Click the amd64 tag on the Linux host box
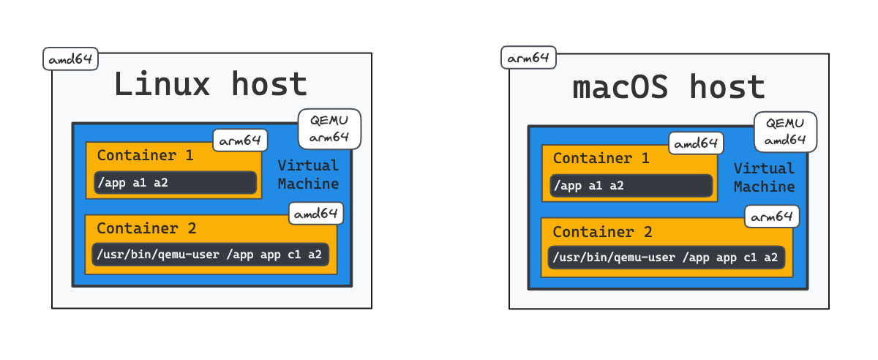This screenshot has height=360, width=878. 70,59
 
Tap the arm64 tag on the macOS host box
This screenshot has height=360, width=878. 528,58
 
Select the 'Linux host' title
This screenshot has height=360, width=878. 211,83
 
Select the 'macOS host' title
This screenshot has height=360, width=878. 669,86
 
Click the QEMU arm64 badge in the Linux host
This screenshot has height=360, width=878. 329,129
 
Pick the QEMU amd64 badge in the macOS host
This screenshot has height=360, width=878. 786,132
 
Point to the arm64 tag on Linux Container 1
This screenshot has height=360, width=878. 240,140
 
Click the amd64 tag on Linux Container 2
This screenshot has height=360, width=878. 316,214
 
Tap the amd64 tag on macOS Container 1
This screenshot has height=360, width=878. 696,143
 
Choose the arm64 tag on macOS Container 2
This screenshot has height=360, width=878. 772,217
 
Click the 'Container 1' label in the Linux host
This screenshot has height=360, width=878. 146,155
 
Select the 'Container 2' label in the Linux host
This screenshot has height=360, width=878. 146,228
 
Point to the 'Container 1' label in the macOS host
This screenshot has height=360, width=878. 601,158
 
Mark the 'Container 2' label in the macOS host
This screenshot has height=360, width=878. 602,232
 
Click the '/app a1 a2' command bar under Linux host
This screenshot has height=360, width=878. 175,182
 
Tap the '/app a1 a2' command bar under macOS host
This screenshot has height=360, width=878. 631,186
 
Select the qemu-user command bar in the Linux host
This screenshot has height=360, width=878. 211,255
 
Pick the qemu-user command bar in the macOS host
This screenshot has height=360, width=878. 667,258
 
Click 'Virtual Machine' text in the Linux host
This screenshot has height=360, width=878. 308,174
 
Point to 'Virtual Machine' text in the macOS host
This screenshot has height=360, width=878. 765,177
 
